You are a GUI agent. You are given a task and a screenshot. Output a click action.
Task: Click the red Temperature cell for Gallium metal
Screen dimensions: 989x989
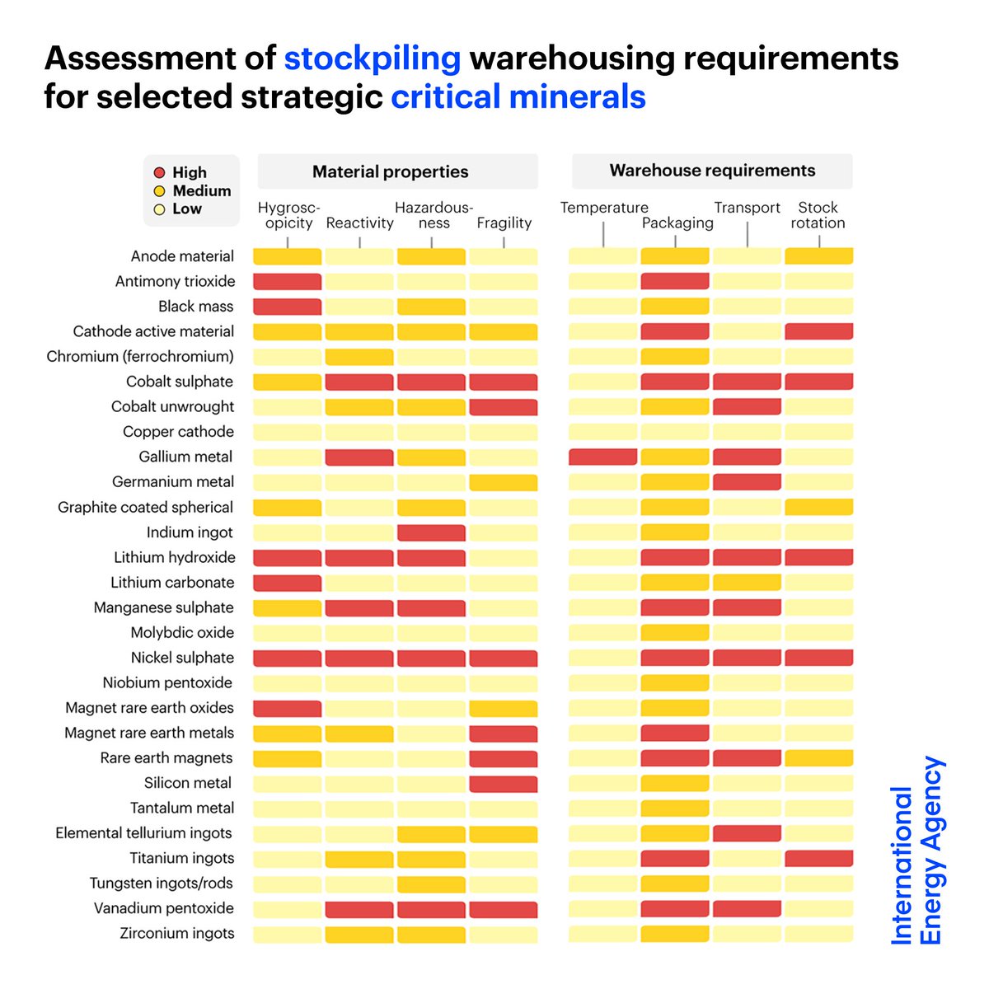pyautogui.click(x=602, y=457)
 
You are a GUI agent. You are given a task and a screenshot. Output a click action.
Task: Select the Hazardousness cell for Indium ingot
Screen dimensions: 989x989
pyautogui.click(x=431, y=532)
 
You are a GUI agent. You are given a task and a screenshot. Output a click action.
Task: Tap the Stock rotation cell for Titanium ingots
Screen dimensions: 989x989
pyautogui.click(x=818, y=859)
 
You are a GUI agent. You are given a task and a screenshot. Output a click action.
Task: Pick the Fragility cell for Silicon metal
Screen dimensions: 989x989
pyautogui.click(x=503, y=784)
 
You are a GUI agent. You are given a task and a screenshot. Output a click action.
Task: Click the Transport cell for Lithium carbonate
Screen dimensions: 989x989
pyautogui.click(x=747, y=583)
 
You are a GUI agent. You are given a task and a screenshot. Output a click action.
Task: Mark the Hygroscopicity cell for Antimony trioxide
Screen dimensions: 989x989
pyautogui.click(x=287, y=282)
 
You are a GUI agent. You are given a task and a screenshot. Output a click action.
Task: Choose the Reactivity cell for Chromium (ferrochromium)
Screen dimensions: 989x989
pyautogui.click(x=359, y=357)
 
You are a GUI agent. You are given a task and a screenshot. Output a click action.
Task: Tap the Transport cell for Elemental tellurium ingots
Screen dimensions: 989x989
pyautogui.click(x=747, y=833)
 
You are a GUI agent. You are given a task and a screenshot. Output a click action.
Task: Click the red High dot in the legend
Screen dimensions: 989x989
pyautogui.click(x=160, y=173)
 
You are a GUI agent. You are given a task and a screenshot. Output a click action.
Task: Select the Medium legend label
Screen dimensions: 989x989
pyautogui.click(x=201, y=190)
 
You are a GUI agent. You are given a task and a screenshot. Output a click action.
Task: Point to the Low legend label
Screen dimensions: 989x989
pyautogui.click(x=187, y=209)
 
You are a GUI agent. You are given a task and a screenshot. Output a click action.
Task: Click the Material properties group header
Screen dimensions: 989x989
pyautogui.click(x=390, y=171)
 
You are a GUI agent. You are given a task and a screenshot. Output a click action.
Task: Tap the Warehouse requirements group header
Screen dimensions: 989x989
pyautogui.click(x=712, y=171)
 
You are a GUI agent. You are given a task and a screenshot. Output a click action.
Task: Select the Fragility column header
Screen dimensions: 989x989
pyautogui.click(x=504, y=223)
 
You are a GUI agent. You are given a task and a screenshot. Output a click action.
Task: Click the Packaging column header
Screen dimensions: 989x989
pyautogui.click(x=677, y=223)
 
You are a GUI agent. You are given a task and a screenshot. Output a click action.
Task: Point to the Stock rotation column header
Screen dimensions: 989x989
pyautogui.click(x=818, y=215)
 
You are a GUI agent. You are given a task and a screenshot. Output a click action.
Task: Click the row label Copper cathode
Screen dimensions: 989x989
pyautogui.click(x=178, y=432)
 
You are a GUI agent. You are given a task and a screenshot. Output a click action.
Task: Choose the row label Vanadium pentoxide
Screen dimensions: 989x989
pyautogui.click(x=163, y=908)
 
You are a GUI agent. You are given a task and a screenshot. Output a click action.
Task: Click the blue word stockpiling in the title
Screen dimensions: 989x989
pyautogui.click(x=372, y=59)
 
